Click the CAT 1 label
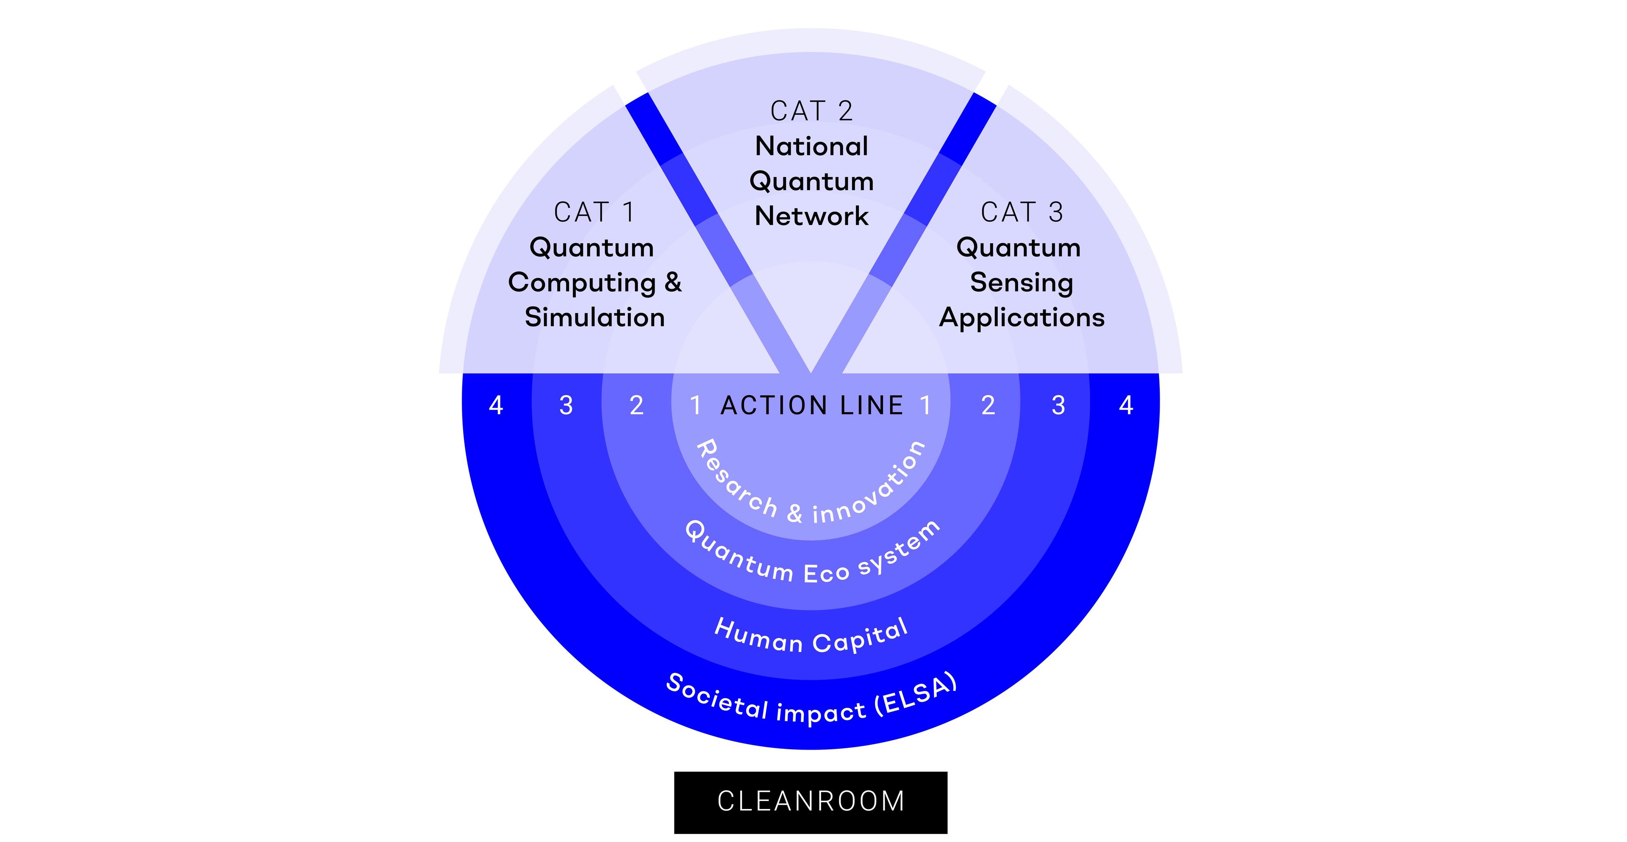594,213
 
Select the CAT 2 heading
812,112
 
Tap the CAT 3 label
1021,213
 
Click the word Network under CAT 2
812,216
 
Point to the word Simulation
594,318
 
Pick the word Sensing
1021,283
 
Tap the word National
812,147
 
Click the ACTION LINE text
812,405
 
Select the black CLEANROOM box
811,802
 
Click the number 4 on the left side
496,405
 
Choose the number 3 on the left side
566,405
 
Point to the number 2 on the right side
988,405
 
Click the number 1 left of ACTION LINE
695,405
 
